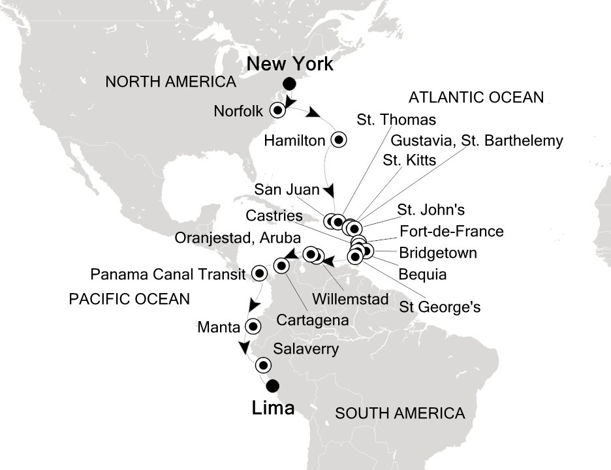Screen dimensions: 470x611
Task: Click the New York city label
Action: pyautogui.click(x=290, y=64)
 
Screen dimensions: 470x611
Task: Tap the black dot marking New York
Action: pyautogui.click(x=289, y=84)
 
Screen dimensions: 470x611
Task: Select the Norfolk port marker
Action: pyautogui.click(x=278, y=110)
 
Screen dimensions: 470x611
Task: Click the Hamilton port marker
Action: pyautogui.click(x=338, y=139)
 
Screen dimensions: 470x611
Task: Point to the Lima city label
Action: pyautogui.click(x=273, y=409)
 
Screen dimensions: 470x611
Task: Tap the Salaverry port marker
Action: pyautogui.click(x=263, y=365)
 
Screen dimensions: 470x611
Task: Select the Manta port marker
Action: pyautogui.click(x=255, y=326)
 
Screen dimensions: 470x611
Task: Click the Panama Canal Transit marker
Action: pyautogui.click(x=259, y=274)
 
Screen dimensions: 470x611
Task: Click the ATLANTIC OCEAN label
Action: pyautogui.click(x=475, y=98)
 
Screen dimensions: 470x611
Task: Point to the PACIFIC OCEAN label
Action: pyautogui.click(x=129, y=300)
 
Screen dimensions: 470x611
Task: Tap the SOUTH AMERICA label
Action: pyautogui.click(x=399, y=413)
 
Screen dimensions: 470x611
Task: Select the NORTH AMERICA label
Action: pyautogui.click(x=170, y=82)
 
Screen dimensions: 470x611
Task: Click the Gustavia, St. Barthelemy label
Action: pyautogui.click(x=477, y=140)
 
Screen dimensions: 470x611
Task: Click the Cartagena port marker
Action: pyautogui.click(x=281, y=266)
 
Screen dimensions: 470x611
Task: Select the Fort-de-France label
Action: pyautogui.click(x=451, y=231)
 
